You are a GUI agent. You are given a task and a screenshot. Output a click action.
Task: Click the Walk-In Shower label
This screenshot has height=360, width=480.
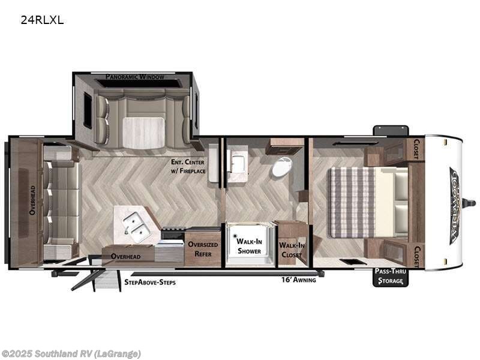(x=248, y=245)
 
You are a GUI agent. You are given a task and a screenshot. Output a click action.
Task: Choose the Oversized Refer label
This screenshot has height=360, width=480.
(x=202, y=248)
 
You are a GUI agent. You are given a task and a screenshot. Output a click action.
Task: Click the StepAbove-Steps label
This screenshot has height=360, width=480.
(x=150, y=281)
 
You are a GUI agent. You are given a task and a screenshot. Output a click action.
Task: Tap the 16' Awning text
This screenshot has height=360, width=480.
(x=298, y=280)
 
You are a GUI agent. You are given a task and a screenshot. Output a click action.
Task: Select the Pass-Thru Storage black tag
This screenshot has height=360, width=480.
(x=390, y=277)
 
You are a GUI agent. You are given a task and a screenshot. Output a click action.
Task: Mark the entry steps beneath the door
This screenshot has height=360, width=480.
(x=106, y=280)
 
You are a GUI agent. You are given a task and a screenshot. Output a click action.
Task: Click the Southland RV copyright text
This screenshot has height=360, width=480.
(x=71, y=353)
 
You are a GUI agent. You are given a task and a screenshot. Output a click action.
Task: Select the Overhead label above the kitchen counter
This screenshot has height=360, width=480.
(x=125, y=256)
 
